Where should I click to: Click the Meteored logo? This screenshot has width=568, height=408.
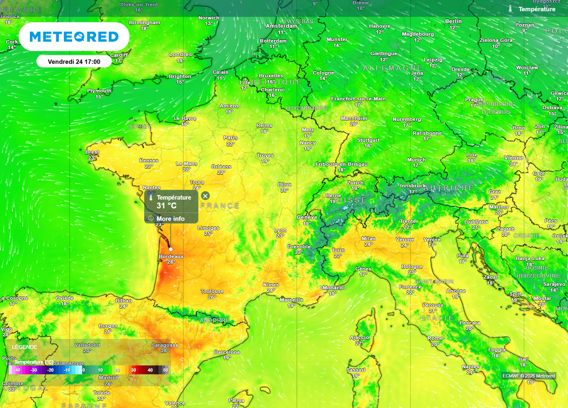74,37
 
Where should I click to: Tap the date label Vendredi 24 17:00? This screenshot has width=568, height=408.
74,62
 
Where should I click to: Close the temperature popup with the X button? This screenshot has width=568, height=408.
205,196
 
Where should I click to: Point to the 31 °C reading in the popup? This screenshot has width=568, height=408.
166,206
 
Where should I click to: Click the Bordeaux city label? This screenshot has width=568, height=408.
171,257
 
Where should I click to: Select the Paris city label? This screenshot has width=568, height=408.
230,138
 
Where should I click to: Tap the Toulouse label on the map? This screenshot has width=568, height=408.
212,292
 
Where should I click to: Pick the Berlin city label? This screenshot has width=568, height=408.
453,22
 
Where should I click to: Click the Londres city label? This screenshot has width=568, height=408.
180,55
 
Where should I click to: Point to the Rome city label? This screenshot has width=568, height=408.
435,338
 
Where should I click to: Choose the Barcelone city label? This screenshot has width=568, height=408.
227,352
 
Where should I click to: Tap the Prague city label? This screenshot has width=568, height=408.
474,100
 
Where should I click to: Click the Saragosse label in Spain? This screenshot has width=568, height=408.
165,345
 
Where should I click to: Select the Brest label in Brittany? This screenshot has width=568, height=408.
93,152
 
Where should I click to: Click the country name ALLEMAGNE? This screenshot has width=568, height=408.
393,68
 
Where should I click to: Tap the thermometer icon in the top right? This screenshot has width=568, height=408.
510,9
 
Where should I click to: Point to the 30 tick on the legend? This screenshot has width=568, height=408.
133,370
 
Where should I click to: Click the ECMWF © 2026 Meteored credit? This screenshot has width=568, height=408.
529,376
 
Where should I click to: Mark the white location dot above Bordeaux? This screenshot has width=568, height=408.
170,249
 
